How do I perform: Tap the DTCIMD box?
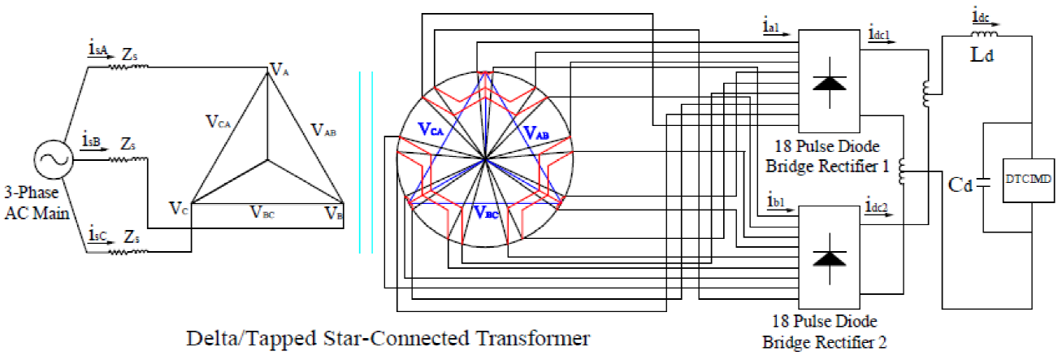(x=1029, y=180)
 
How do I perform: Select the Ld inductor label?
(x=982, y=55)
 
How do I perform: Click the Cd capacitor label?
(x=960, y=184)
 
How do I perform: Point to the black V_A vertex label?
(x=280, y=69)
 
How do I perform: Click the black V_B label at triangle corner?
(x=334, y=213)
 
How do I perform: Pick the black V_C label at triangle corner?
(x=179, y=208)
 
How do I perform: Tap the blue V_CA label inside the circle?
(x=431, y=128)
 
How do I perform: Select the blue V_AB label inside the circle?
(x=536, y=132)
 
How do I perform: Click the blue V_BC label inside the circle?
(x=487, y=212)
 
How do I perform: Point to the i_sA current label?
(x=98, y=48)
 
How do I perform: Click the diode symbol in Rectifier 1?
(x=830, y=83)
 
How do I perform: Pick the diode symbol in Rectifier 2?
(x=830, y=258)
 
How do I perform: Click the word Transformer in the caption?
(x=533, y=339)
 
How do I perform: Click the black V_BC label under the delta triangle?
(x=262, y=212)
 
